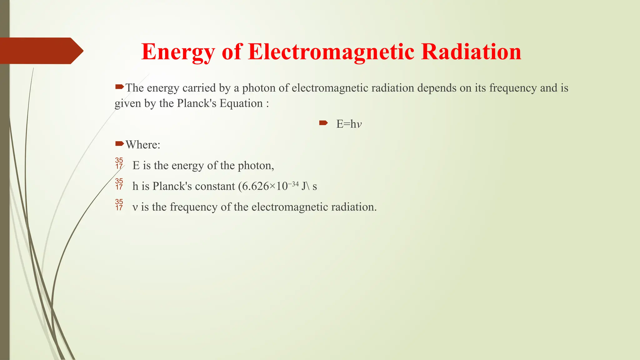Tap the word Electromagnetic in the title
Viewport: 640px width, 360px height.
click(x=331, y=52)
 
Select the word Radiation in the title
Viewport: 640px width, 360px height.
click(x=471, y=52)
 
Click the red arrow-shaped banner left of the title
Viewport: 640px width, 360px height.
click(x=41, y=51)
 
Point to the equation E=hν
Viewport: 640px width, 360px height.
click(x=349, y=124)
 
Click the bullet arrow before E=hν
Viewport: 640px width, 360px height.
click(x=323, y=123)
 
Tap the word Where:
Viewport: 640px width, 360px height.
click(x=143, y=145)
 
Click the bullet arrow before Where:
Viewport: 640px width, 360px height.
click(x=119, y=144)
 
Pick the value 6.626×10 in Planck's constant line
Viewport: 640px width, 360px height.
click(x=265, y=186)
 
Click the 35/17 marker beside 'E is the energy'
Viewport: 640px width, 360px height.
click(x=119, y=163)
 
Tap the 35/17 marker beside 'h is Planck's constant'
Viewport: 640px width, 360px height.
click(x=119, y=184)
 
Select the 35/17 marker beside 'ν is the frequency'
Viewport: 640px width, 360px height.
click(x=119, y=205)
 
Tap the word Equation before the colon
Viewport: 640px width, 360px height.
click(x=241, y=103)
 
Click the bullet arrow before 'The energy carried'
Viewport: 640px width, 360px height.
click(x=119, y=87)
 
